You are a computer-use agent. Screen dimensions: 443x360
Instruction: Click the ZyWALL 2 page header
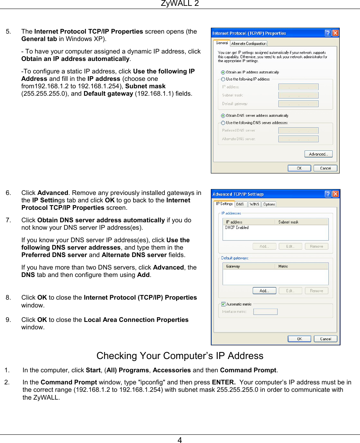pos(180,4)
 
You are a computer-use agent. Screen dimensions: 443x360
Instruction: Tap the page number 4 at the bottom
pos(180,440)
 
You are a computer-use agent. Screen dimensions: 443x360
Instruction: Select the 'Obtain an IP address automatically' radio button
pos(223,72)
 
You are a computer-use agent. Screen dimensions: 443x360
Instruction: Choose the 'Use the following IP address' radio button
pos(223,79)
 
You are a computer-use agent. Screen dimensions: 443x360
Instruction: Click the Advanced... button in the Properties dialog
pos(318,154)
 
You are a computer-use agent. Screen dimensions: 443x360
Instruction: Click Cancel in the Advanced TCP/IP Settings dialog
pos(325,339)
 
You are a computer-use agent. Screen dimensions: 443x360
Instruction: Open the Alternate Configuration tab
pos(249,43)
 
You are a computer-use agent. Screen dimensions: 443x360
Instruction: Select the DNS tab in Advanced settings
pos(240,204)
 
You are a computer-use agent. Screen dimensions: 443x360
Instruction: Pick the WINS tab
pos(254,204)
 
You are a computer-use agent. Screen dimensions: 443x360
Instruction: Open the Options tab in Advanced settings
pos(269,204)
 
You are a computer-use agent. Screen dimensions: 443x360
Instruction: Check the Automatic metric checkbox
pos(223,304)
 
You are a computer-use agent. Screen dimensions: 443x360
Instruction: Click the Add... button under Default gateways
pos(264,291)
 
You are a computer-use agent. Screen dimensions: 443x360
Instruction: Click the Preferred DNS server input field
pos(298,130)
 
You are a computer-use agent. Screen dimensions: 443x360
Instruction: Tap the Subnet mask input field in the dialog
pos(298,95)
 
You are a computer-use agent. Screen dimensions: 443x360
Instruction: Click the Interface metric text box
pos(265,312)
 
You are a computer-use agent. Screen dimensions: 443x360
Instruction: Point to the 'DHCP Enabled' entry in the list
pos(237,227)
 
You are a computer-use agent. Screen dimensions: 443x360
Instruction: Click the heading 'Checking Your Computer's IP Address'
pos(180,356)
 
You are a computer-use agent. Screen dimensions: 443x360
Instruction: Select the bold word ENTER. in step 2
pos(223,382)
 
